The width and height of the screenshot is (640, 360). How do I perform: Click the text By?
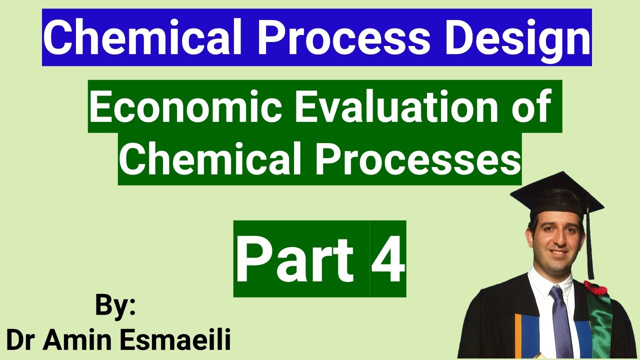[115, 306]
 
